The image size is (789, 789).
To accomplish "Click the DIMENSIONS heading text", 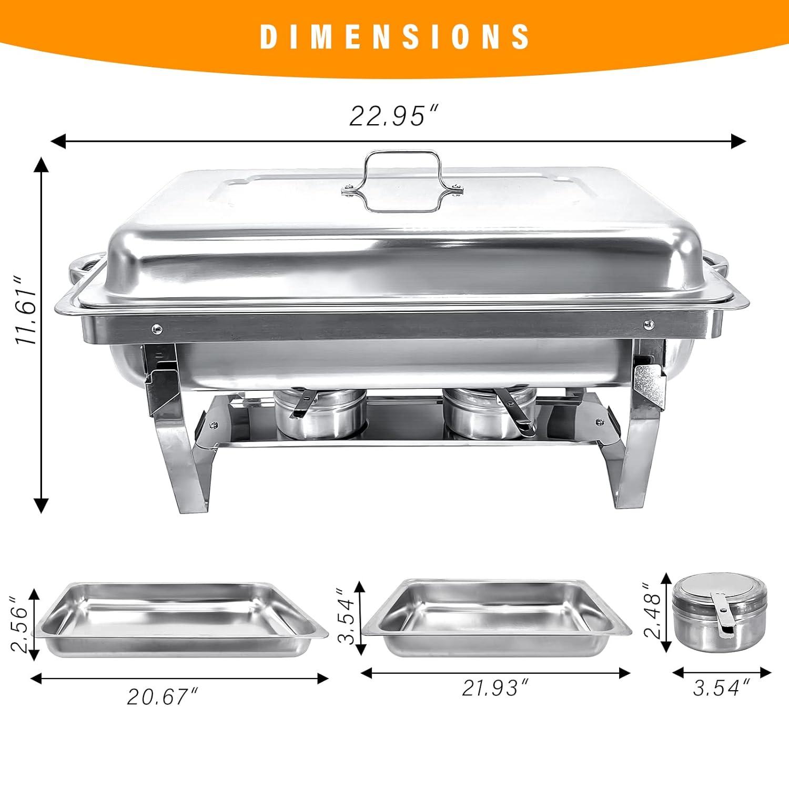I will tap(394, 37).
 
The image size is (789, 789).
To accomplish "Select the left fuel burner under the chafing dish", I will tap(319, 414).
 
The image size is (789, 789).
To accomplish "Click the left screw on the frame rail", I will tap(156, 329).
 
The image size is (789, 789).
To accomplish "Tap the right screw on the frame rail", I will tap(649, 325).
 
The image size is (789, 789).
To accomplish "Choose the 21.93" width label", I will tap(495, 687).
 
